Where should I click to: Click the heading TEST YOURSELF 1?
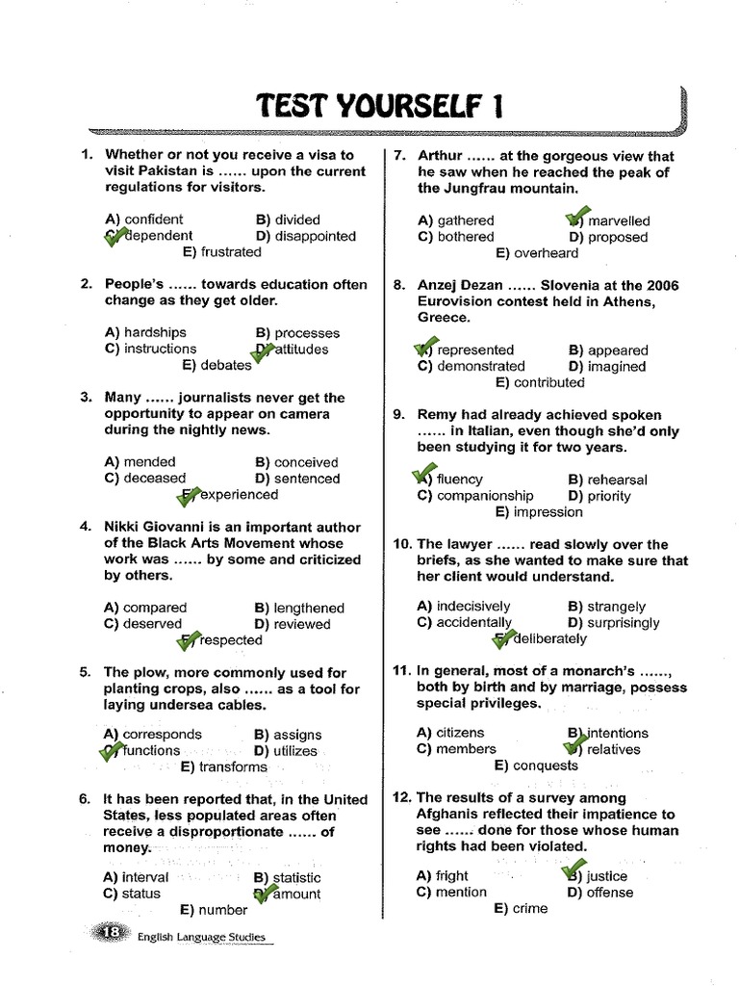click(x=380, y=106)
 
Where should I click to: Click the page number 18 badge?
click(x=112, y=932)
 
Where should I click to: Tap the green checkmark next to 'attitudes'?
click(x=263, y=351)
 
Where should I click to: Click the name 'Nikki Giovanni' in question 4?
click(x=156, y=528)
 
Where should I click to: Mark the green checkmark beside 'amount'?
click(x=263, y=894)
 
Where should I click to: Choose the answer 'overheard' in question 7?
click(x=547, y=253)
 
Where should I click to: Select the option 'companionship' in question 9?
click(x=485, y=496)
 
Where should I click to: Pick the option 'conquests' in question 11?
click(x=546, y=765)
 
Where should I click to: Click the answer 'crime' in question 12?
click(x=530, y=909)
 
